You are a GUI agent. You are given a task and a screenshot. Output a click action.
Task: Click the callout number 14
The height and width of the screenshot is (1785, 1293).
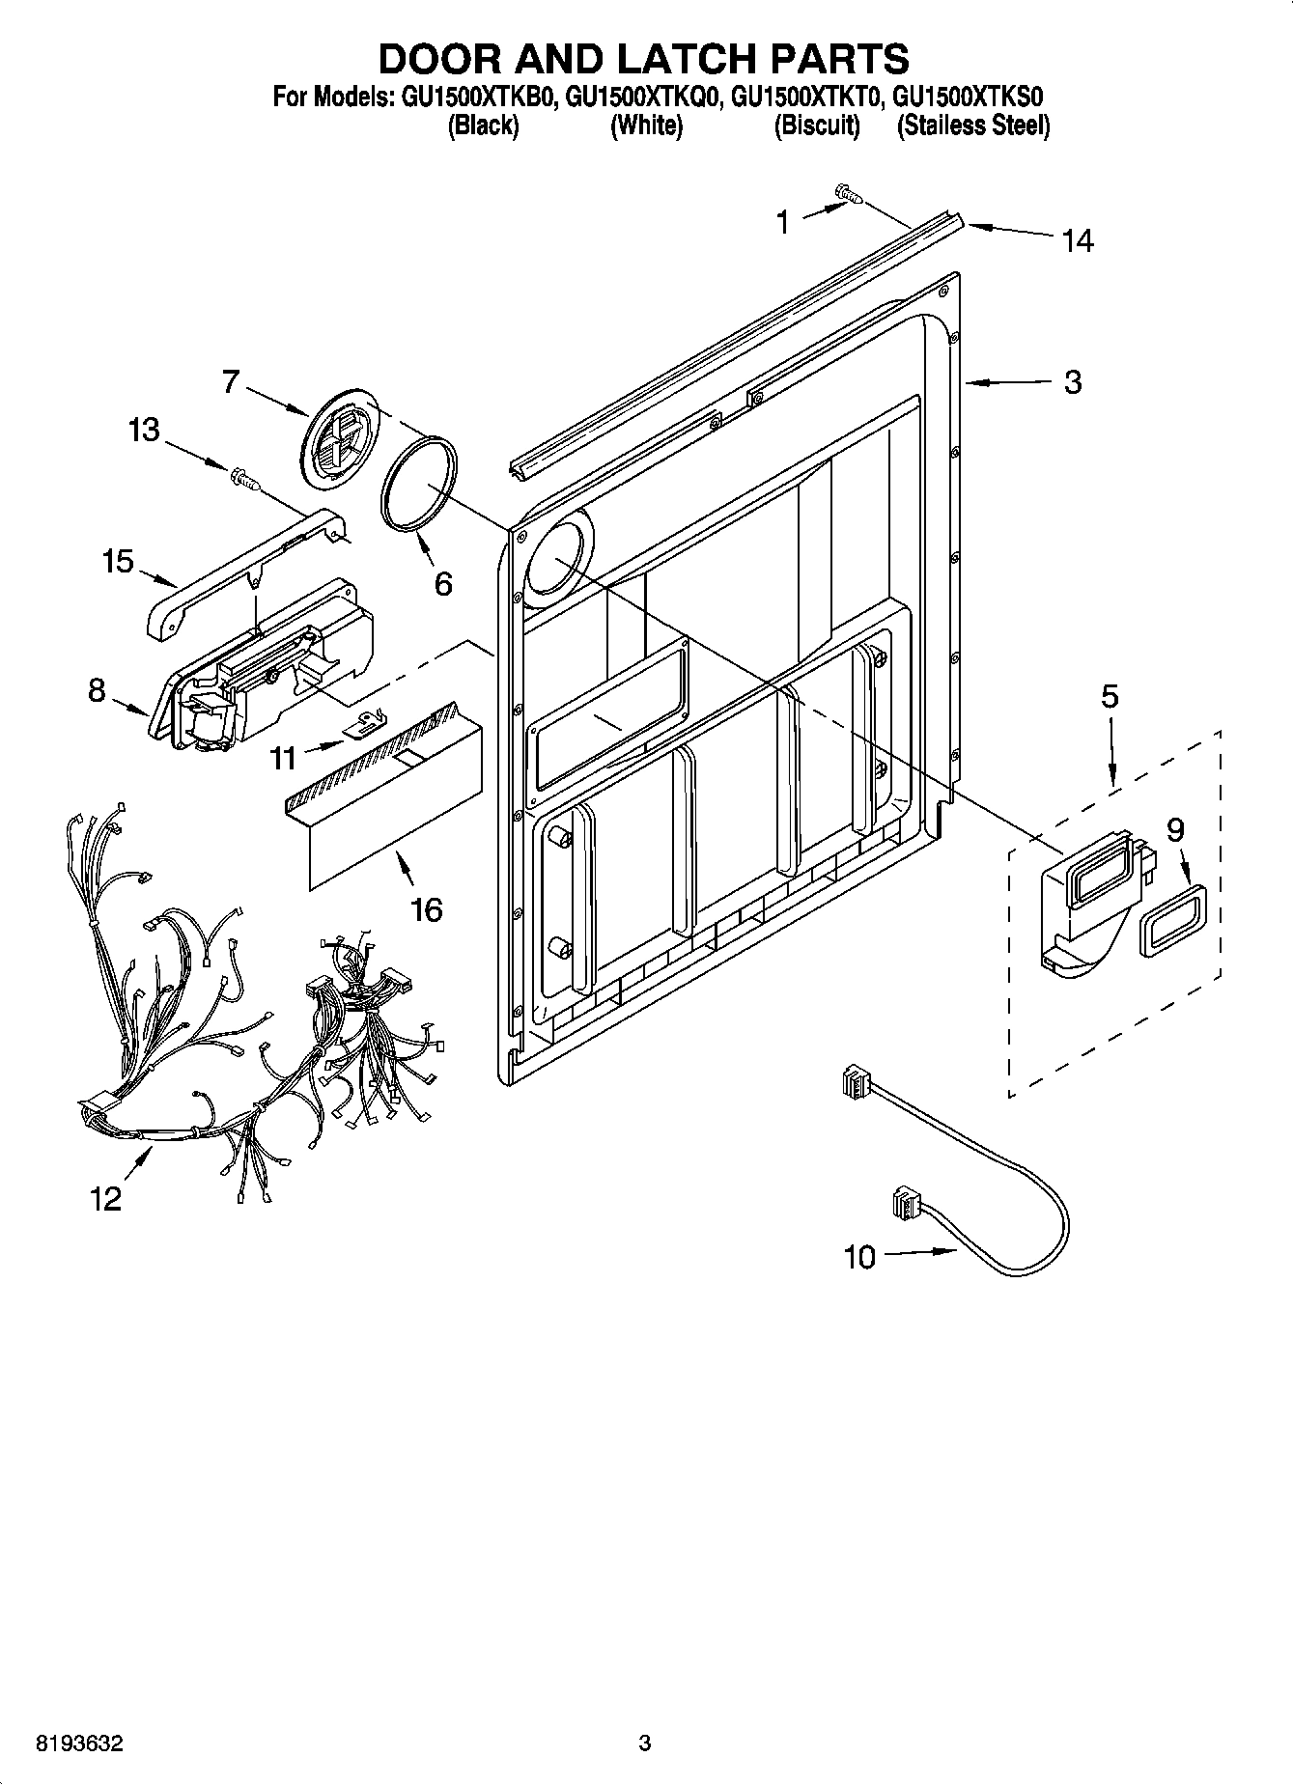coord(1078,240)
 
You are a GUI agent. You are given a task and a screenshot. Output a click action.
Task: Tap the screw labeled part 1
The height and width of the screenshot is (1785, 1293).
coord(849,196)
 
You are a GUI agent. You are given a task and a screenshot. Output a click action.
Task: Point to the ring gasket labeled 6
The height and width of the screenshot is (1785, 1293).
coord(419,483)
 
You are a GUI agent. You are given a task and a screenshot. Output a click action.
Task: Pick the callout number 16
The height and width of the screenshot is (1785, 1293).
coord(427,908)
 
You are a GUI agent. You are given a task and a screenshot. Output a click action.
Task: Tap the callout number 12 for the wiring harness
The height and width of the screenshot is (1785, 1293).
coord(106,1198)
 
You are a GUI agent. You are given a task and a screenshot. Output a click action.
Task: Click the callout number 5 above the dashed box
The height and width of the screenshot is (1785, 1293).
coord(1110,696)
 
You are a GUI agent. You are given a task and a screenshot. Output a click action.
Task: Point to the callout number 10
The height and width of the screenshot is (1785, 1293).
coord(858,1257)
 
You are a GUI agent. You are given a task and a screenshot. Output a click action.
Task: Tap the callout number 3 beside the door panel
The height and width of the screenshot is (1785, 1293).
coord(1073,382)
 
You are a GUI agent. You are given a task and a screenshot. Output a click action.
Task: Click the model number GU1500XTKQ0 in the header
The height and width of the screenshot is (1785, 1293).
coord(643,98)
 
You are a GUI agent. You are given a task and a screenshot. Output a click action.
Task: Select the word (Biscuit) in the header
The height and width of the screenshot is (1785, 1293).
coord(817,126)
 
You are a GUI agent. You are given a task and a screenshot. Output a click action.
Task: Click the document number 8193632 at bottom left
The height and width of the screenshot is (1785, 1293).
coord(79,1743)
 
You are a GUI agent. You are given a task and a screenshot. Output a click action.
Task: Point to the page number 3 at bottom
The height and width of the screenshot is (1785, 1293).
coord(645,1743)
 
